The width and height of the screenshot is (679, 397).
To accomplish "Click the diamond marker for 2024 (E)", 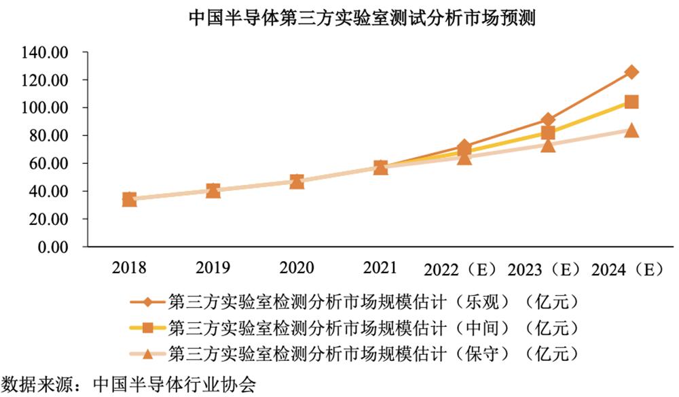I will pyautogui.click(x=631, y=72).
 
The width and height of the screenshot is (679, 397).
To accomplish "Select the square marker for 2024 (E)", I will pyautogui.click(x=631, y=102).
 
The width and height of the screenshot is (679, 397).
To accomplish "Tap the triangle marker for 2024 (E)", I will pyautogui.click(x=631, y=130).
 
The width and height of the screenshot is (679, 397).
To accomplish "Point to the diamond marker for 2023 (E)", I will pyautogui.click(x=548, y=120).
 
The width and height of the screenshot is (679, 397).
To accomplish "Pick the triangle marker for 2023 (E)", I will pyautogui.click(x=548, y=145).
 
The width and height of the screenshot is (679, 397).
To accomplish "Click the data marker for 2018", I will pyautogui.click(x=129, y=199).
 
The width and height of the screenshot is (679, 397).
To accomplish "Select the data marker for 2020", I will pyautogui.click(x=297, y=182).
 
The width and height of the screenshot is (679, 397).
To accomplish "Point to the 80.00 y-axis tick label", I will pyautogui.click(x=50, y=136).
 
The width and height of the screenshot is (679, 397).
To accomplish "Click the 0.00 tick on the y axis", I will pyautogui.click(x=54, y=247).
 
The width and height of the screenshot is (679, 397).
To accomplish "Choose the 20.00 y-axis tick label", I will pyautogui.click(x=50, y=220).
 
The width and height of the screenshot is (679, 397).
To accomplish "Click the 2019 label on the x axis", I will pyautogui.click(x=213, y=267).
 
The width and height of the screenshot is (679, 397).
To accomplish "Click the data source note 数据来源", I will pyautogui.click(x=129, y=384).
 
